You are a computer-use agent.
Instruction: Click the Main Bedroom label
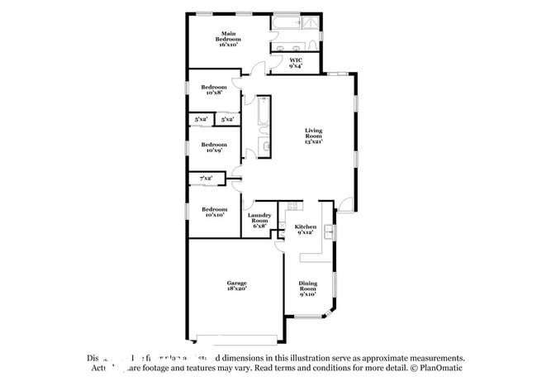[228, 39]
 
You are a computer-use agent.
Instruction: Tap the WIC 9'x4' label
[295, 62]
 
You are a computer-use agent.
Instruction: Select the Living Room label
[313, 136]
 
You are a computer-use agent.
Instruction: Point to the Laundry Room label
[259, 221]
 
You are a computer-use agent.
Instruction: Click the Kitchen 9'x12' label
[306, 229]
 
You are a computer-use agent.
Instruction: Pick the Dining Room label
[307, 288]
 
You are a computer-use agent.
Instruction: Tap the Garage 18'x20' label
[236, 286]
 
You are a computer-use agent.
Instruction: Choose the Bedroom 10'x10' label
[214, 212]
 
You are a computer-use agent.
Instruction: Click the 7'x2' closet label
[206, 178]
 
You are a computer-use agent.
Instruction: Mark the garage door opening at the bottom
[235, 340]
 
